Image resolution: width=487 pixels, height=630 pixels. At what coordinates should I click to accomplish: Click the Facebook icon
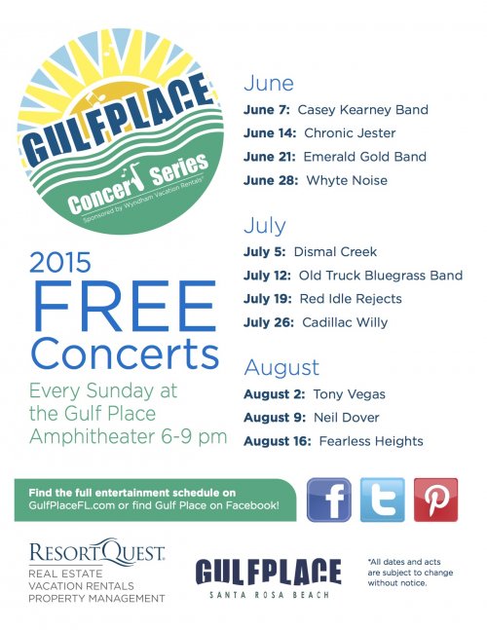click(x=328, y=500)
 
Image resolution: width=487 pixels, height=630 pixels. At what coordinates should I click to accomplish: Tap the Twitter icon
click(x=382, y=500)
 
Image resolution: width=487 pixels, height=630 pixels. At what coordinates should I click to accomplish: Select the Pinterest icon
click(x=435, y=500)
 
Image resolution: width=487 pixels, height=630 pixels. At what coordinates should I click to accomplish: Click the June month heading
click(x=269, y=83)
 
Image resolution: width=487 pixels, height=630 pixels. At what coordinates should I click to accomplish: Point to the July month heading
click(x=265, y=225)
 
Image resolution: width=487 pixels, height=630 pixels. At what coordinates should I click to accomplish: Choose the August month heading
click(x=281, y=368)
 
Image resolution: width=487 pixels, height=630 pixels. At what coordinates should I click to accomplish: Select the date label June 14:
click(x=270, y=133)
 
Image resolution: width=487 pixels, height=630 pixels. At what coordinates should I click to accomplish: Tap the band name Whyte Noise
click(x=347, y=180)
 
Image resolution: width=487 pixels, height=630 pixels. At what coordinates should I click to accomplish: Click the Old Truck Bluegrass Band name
click(x=381, y=276)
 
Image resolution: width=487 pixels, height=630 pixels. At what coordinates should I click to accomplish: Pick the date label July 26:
click(x=269, y=322)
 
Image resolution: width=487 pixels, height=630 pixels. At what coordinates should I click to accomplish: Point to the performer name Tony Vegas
click(x=349, y=394)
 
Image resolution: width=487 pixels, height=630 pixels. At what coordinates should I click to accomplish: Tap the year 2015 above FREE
click(x=60, y=262)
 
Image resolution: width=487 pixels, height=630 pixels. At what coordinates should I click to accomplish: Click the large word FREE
click(x=125, y=306)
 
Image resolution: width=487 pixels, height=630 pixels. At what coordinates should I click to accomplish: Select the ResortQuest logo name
click(x=96, y=551)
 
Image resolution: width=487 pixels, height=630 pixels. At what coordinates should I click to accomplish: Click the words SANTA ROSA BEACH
click(x=269, y=595)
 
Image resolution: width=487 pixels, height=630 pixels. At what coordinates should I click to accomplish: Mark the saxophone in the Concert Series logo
click(x=132, y=175)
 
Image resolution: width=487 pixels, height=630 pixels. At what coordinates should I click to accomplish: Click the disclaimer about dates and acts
click(x=410, y=573)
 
